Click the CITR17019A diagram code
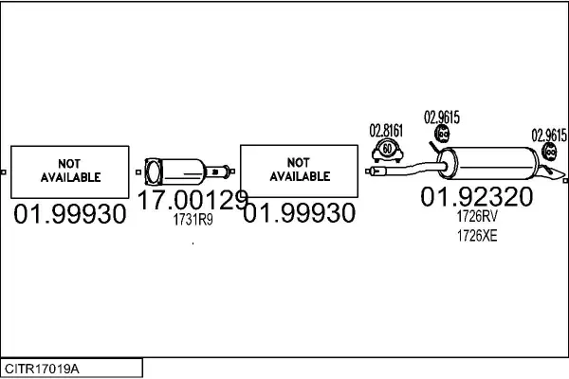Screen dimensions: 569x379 coord(42,369)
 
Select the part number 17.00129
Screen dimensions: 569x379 coord(193,200)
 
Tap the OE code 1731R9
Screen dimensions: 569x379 coord(193,220)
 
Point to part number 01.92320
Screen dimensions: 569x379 coord(477,196)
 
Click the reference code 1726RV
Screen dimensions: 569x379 coord(477,216)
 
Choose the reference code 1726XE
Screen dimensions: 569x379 coord(477,236)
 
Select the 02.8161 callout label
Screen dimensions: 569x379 coord(386,131)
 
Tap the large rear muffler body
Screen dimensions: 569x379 coord(488,163)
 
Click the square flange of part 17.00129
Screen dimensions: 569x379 coord(154,171)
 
